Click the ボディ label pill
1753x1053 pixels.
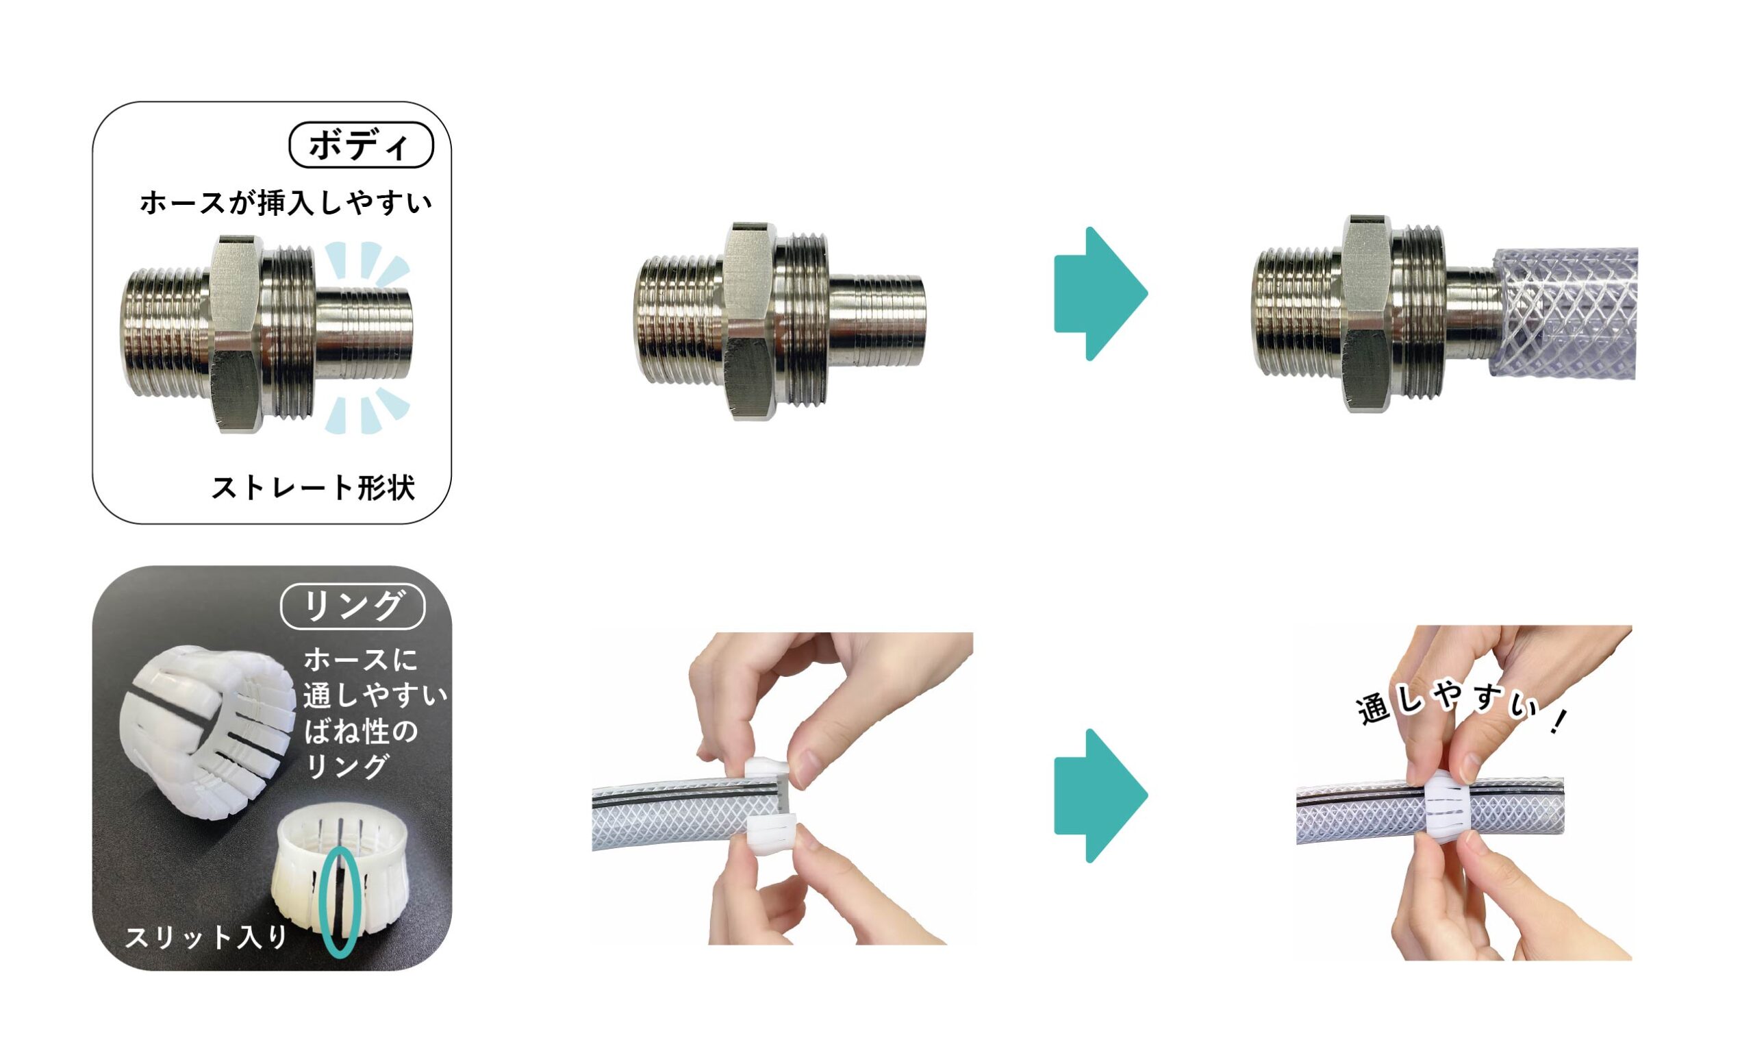point(361,145)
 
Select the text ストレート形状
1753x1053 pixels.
point(314,488)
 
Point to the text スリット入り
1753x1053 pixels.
point(206,937)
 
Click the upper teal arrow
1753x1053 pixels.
point(1100,294)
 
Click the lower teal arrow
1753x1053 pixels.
point(1100,795)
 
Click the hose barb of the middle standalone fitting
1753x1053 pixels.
point(877,321)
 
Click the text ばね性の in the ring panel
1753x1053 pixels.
point(362,732)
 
